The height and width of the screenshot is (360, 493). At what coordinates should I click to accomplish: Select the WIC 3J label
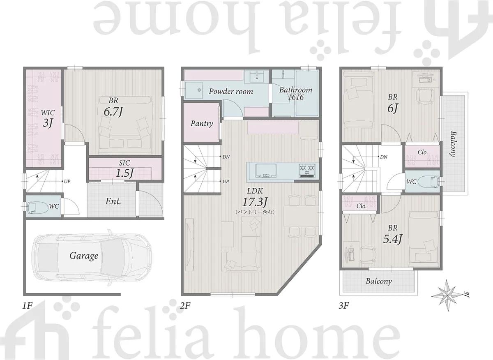48,119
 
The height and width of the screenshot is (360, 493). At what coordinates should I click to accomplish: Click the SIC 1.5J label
124,169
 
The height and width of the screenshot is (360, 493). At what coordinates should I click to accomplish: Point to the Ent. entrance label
113,201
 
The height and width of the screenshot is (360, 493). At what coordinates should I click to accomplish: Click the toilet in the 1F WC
38,207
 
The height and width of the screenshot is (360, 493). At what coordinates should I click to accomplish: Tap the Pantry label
202,124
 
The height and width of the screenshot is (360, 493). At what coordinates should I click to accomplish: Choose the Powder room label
231,91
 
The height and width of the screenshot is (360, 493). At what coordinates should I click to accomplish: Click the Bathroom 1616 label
295,93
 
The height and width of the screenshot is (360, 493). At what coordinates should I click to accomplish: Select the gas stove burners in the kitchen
306,171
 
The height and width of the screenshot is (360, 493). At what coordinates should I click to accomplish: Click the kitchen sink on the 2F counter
266,171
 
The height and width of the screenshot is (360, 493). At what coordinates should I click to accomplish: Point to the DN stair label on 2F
226,157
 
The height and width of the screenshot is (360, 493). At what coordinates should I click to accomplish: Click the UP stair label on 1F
67,181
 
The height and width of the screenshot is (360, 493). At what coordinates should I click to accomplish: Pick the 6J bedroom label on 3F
393,104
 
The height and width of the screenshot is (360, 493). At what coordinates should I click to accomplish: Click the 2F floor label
185,305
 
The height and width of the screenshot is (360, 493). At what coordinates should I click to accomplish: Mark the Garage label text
84,256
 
